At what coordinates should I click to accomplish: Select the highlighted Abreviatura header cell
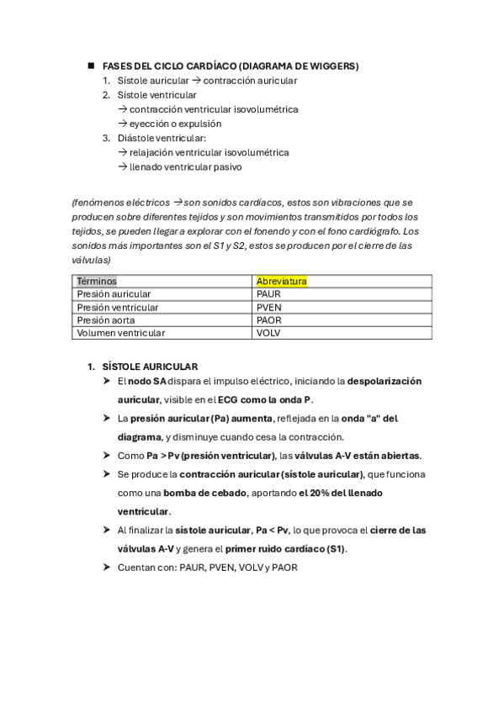[281, 281]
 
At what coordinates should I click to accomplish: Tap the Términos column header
[97, 281]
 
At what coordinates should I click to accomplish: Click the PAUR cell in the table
[268, 294]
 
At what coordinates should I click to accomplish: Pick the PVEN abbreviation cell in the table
[268, 307]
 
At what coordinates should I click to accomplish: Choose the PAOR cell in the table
[268, 320]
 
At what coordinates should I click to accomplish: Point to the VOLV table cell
[268, 333]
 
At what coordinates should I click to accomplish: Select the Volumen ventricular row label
[120, 333]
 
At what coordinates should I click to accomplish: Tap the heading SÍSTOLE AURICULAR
[150, 367]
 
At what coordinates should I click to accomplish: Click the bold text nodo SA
[147, 382]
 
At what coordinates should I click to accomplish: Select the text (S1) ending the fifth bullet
[335, 549]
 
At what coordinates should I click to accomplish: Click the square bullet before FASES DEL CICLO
[90, 66]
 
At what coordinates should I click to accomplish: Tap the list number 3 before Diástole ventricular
[106, 138]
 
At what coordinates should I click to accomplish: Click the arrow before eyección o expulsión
[123, 124]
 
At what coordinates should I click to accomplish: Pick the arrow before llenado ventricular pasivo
[123, 167]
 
